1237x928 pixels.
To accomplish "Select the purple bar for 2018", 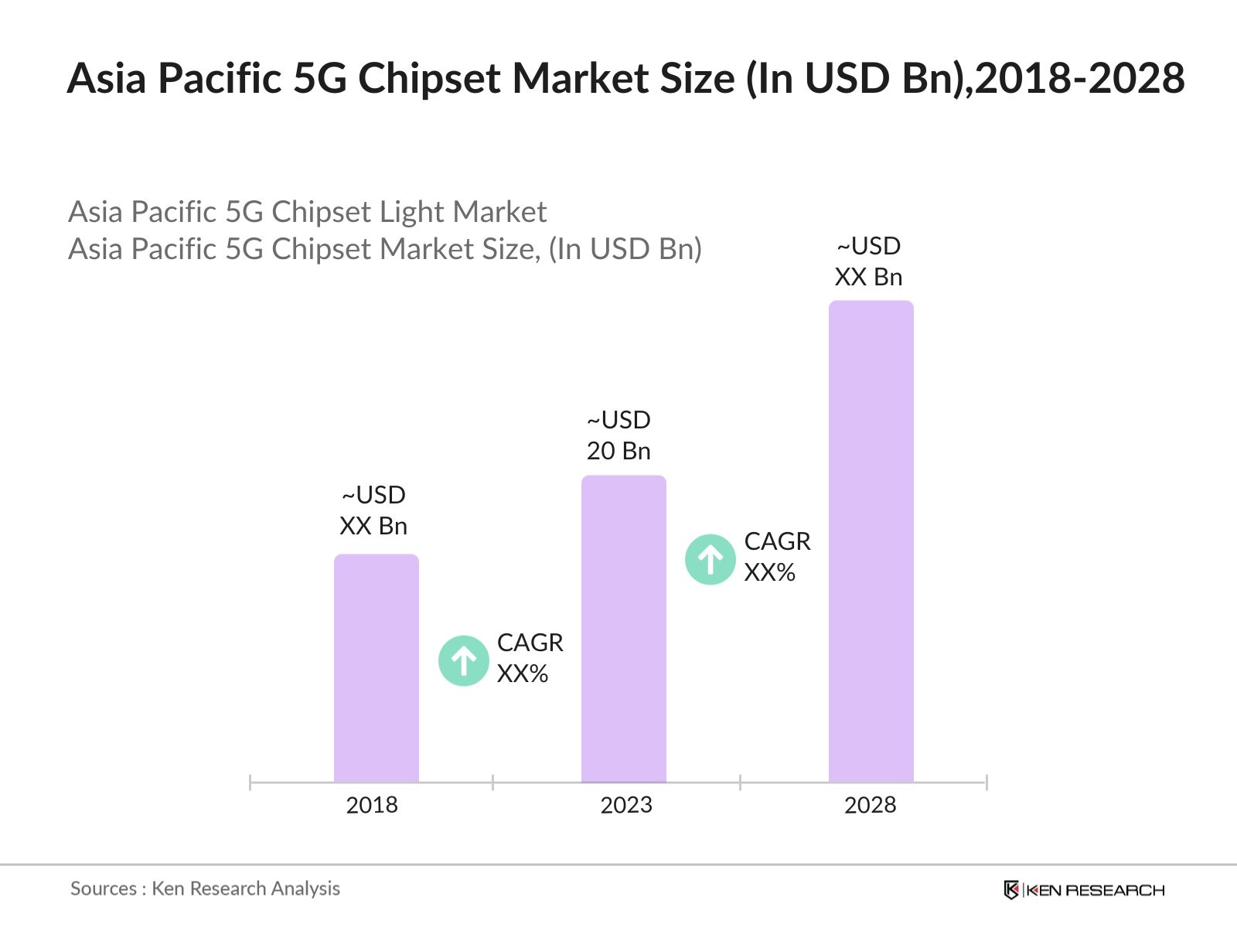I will click(376, 669).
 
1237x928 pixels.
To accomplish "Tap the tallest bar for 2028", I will click(871, 541).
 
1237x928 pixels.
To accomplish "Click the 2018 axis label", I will click(372, 805).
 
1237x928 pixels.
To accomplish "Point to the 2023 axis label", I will click(626, 805).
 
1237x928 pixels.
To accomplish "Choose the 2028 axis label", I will click(870, 805).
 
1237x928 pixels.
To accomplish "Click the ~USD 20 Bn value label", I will click(618, 435).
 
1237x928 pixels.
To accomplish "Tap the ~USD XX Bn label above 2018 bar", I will click(373, 510).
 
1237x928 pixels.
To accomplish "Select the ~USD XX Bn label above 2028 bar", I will click(869, 261).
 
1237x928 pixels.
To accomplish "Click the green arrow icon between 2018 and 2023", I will click(463, 660).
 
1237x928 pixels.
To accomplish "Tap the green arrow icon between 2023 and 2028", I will click(710, 559).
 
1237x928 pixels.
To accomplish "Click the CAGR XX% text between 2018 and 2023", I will click(530, 658).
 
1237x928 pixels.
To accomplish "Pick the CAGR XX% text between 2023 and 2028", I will click(777, 557).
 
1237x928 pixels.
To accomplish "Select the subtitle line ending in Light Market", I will click(307, 212).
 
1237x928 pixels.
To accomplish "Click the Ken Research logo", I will click(1084, 890).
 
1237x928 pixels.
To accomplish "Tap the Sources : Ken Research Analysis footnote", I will click(205, 889).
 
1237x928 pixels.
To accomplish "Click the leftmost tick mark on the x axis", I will click(250, 782).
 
